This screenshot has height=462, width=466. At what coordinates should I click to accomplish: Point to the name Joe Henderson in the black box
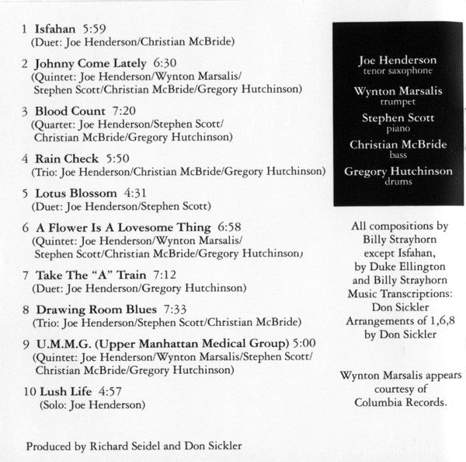398,60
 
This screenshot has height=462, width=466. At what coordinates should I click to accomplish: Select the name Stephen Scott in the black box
398,117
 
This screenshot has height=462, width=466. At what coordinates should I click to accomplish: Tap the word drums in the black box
398,182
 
